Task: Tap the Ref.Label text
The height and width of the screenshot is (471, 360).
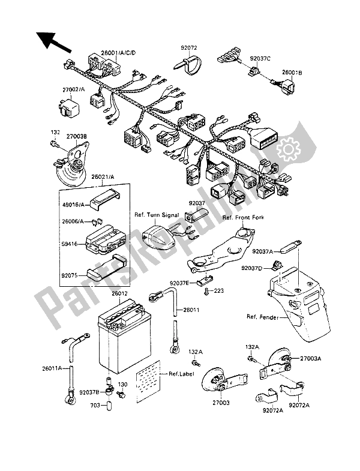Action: click(x=179, y=374)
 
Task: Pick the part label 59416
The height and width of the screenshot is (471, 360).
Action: click(x=71, y=245)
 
